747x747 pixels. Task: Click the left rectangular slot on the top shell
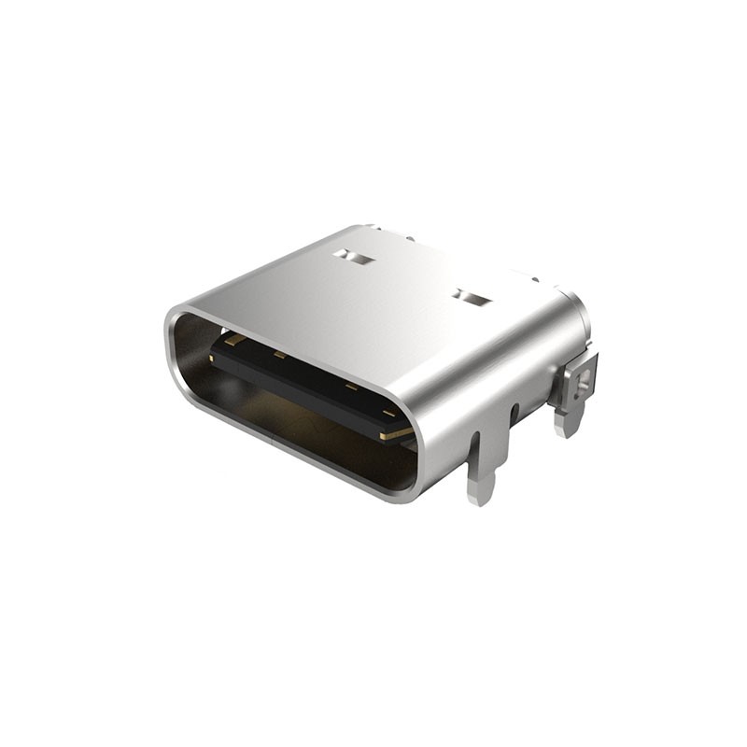[x=354, y=255]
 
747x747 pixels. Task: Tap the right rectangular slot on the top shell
[x=472, y=299]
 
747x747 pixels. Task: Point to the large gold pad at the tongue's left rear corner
[x=231, y=342]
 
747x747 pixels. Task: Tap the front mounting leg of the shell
[x=483, y=467]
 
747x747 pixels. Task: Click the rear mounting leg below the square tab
[x=568, y=420]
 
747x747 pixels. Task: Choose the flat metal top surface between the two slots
[x=411, y=280]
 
